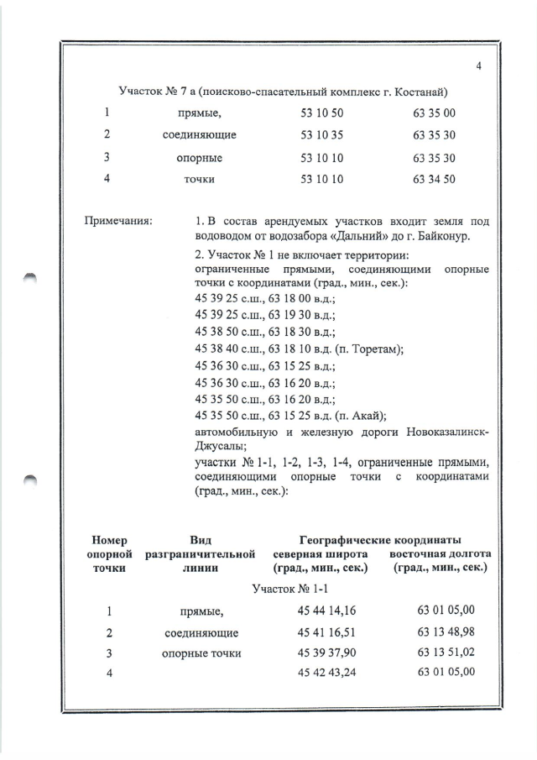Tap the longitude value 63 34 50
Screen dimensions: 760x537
tap(434, 179)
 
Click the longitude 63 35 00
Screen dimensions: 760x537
tap(434, 113)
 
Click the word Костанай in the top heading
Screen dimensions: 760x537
tap(402, 91)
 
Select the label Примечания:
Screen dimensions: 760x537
tap(117, 222)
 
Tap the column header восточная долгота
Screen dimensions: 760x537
tap(440, 554)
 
